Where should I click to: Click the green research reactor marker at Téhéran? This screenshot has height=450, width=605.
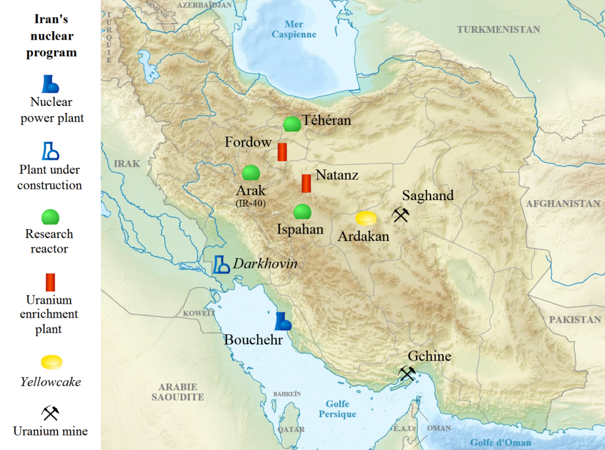pyautogui.click(x=291, y=124)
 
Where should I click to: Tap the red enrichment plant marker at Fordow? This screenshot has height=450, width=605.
pyautogui.click(x=282, y=151)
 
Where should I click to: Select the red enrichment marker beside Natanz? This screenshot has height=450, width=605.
pyautogui.click(x=306, y=183)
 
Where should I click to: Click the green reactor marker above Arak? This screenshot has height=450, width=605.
pyautogui.click(x=251, y=173)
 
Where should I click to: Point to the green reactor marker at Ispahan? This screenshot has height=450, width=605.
pyautogui.click(x=302, y=211)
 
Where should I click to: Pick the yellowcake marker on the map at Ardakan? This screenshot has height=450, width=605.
pyautogui.click(x=366, y=218)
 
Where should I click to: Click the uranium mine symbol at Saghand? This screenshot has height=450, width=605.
pyautogui.click(x=401, y=215)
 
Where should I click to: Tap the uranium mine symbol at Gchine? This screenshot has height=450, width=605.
pyautogui.click(x=407, y=374)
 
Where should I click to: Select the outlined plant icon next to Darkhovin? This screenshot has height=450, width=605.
pyautogui.click(x=221, y=264)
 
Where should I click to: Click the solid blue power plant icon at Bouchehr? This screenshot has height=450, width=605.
pyautogui.click(x=282, y=321)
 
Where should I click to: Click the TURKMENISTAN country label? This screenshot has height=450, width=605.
pyautogui.click(x=498, y=30)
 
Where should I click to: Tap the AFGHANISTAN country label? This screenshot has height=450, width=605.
pyautogui.click(x=563, y=204)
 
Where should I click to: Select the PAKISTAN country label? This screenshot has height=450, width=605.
pyautogui.click(x=575, y=319)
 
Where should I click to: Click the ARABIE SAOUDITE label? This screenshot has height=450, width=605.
pyautogui.click(x=178, y=392)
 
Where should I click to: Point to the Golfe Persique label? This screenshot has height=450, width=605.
pyautogui.click(x=337, y=409)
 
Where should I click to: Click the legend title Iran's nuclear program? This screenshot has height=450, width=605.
pyautogui.click(x=51, y=36)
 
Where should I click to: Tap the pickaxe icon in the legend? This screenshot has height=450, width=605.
pyautogui.click(x=50, y=413)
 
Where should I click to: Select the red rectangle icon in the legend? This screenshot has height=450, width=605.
pyautogui.click(x=50, y=282)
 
